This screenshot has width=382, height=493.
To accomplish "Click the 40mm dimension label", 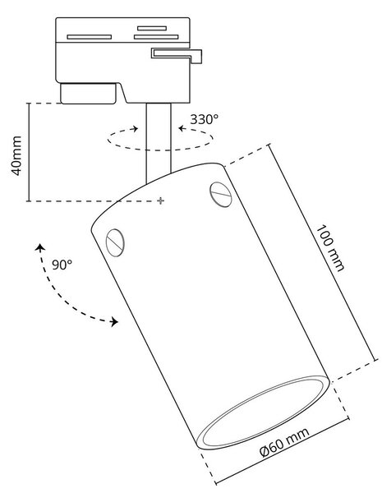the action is pyautogui.click(x=16, y=155).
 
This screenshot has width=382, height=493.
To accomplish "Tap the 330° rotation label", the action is pyautogui.click(x=204, y=119).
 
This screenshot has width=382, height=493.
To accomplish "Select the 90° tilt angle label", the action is pyautogui.click(x=62, y=265).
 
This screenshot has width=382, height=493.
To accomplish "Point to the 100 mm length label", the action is pyautogui.click(x=329, y=248).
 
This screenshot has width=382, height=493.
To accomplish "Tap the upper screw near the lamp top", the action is pyautogui.click(x=220, y=194).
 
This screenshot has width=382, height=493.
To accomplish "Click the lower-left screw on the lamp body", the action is pyautogui.click(x=115, y=242).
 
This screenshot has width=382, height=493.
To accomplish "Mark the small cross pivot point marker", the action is pyautogui.click(x=161, y=200).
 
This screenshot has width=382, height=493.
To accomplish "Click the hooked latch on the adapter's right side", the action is pyautogui.click(x=177, y=55).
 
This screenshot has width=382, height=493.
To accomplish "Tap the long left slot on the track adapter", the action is pyautogui.click(x=90, y=37).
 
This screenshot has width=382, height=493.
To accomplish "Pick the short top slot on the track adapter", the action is pyautogui.click(x=152, y=28).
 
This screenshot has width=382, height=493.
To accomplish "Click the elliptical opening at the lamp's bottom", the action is pyautogui.click(x=263, y=412).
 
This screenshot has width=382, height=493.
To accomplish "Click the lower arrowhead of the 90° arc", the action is pyautogui.click(x=114, y=321).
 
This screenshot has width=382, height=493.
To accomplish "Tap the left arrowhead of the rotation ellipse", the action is pyautogui.click(x=136, y=128).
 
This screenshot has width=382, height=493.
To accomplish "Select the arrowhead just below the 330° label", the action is pyautogui.click(x=182, y=128).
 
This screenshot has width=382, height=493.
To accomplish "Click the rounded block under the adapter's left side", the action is pyautogui.click(x=89, y=94).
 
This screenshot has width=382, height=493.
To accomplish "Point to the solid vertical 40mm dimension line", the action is pyautogui.click(x=29, y=152).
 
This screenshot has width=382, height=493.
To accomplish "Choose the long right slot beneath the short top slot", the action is pyautogui.click(x=156, y=37).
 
